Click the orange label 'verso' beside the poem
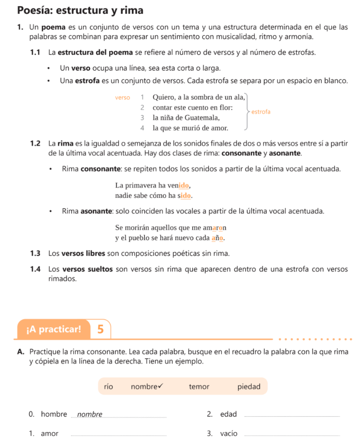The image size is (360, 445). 123,98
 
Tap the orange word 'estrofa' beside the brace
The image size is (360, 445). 261,112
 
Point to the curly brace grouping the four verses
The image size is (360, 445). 247,112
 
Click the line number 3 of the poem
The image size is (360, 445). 142,117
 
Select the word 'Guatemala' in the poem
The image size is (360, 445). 202,117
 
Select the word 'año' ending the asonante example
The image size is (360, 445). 217,238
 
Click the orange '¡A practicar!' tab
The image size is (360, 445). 53,329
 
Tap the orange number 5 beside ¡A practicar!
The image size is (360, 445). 101,329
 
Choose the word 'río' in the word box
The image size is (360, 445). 108,386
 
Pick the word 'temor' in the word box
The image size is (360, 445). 199,386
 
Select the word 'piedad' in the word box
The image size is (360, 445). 249,386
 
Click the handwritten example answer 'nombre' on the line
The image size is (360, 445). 90,414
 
